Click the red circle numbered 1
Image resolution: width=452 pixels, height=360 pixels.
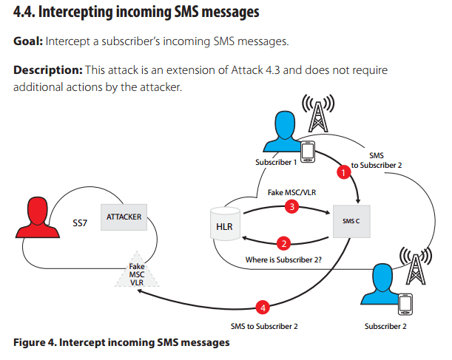tap(342, 172)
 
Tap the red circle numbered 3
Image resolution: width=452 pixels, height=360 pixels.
tap(291, 207)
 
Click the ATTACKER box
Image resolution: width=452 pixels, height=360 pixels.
tap(124, 217)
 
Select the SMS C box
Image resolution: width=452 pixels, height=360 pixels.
tap(350, 221)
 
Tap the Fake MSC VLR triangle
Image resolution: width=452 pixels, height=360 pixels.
tap(137, 274)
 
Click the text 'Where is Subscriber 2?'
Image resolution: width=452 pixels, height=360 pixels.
tap(282, 260)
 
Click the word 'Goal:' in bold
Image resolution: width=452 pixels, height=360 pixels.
tap(28, 41)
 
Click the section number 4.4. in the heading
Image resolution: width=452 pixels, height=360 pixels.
tap(27, 13)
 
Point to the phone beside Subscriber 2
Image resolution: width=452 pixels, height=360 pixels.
tap(405, 304)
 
